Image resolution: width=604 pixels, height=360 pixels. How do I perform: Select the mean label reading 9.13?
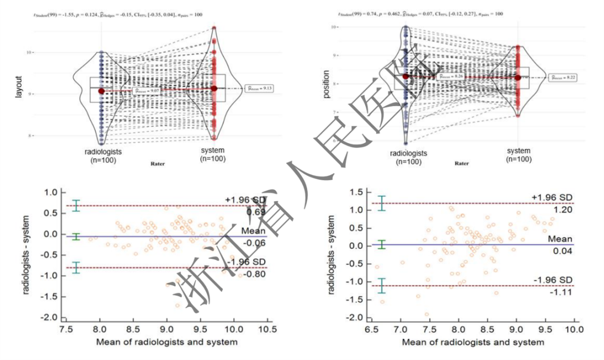[259, 88]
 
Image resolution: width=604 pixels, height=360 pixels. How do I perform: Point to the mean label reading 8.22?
[563, 77]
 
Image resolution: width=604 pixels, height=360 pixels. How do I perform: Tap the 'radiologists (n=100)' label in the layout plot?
[103, 155]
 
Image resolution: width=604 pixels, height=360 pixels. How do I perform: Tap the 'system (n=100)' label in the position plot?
[518, 155]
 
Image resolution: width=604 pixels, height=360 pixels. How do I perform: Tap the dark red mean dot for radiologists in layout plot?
[101, 91]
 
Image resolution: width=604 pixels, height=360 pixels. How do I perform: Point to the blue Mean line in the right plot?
[475, 244]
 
